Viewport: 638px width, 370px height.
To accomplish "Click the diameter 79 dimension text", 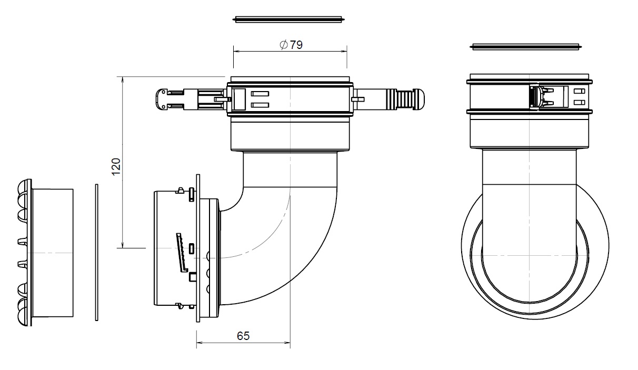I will [291, 45].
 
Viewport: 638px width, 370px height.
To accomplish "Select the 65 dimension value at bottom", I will [243, 335].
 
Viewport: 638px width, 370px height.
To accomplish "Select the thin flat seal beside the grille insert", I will [97, 252].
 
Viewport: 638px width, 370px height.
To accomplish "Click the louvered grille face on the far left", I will [23, 253].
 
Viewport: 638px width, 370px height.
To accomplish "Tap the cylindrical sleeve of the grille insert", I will [53, 253].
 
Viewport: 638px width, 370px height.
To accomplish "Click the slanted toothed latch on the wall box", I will [182, 252].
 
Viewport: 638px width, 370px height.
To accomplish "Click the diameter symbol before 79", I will [283, 45].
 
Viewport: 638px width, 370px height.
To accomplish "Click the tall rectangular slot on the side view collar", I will [239, 99].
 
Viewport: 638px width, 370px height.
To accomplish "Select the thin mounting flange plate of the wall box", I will [198, 247].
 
